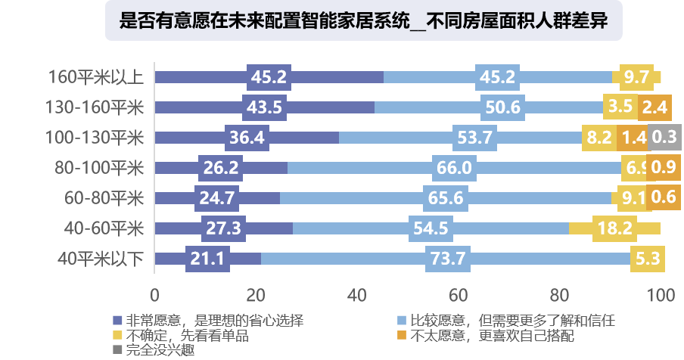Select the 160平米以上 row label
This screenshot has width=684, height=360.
(x=95, y=77)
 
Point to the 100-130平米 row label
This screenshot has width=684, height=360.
(x=95, y=138)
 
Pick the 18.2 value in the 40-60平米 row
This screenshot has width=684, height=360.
(x=614, y=228)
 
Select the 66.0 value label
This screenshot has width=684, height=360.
(x=454, y=168)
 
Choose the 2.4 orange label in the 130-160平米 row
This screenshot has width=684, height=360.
(x=654, y=107)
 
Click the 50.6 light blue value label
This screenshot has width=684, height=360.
(x=503, y=107)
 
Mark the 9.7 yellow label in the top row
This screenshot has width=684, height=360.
(x=636, y=77)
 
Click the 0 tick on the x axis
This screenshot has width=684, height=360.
(x=155, y=294)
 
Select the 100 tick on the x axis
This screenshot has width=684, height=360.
(x=660, y=294)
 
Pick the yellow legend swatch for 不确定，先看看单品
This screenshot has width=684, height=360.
(x=117, y=335)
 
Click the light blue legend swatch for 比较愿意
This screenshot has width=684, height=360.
(x=402, y=320)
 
